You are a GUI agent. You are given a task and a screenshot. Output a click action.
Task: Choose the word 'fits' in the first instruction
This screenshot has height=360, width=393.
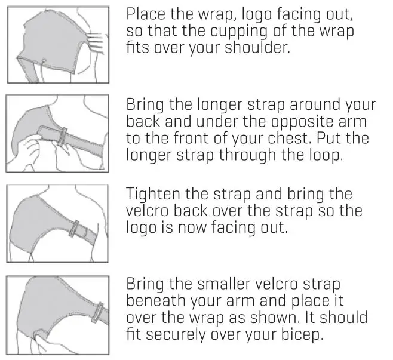(x=137, y=48)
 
